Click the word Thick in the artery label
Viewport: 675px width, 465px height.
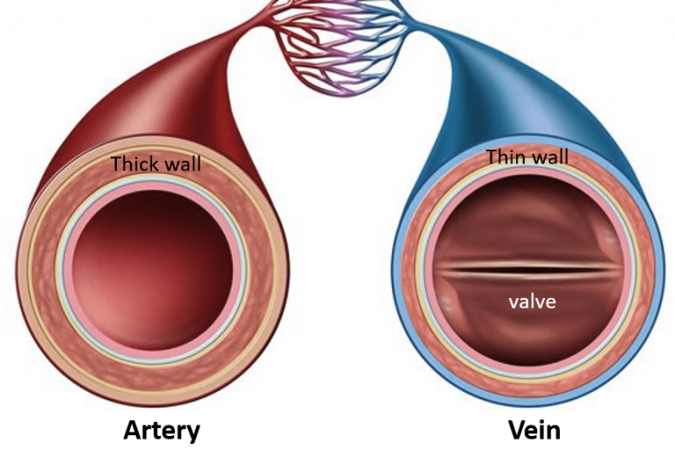[133, 163]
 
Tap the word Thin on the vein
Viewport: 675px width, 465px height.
[504, 157]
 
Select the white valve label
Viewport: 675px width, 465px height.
[532, 302]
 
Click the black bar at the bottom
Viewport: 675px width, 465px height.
[337, 438]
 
